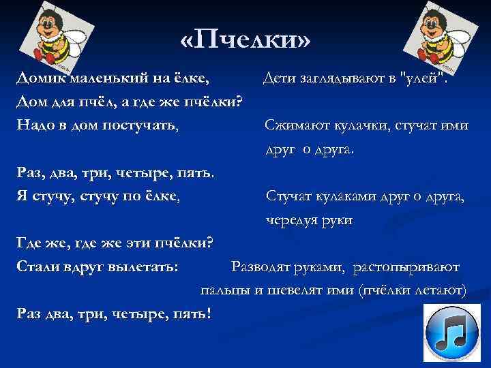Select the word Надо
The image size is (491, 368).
35,125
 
